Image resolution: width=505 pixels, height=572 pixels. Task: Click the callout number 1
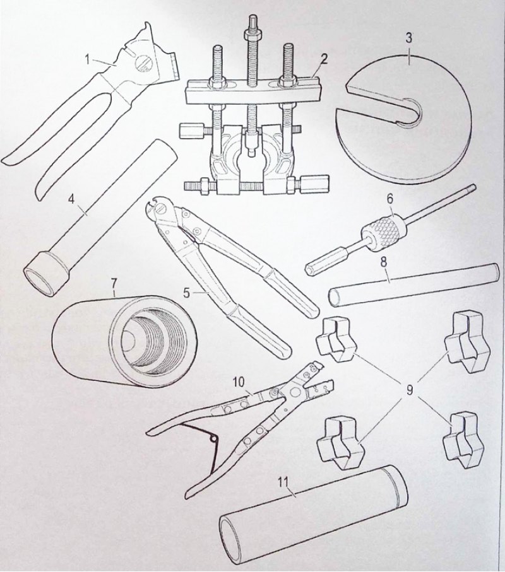[x=88, y=59]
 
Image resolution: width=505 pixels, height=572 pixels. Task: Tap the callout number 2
[x=323, y=59]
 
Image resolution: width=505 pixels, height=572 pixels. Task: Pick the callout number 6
[x=389, y=199]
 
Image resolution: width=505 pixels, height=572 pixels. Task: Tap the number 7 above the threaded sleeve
[x=114, y=283]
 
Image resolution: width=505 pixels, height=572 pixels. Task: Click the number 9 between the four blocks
[x=409, y=390]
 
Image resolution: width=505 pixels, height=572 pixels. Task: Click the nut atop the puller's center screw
[x=252, y=34]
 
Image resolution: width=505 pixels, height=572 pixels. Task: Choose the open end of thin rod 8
[x=335, y=297]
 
